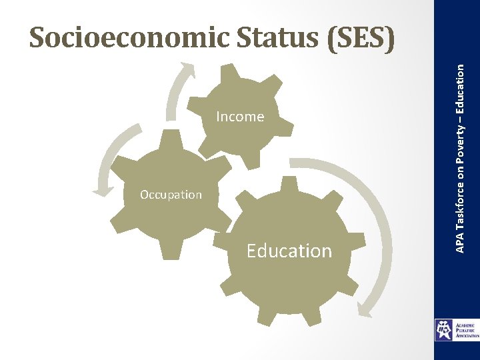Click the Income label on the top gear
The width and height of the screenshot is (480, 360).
240,117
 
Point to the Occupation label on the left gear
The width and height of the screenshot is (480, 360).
171,195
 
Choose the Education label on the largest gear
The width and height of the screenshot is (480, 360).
289,251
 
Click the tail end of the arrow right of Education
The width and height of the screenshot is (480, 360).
293,162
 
